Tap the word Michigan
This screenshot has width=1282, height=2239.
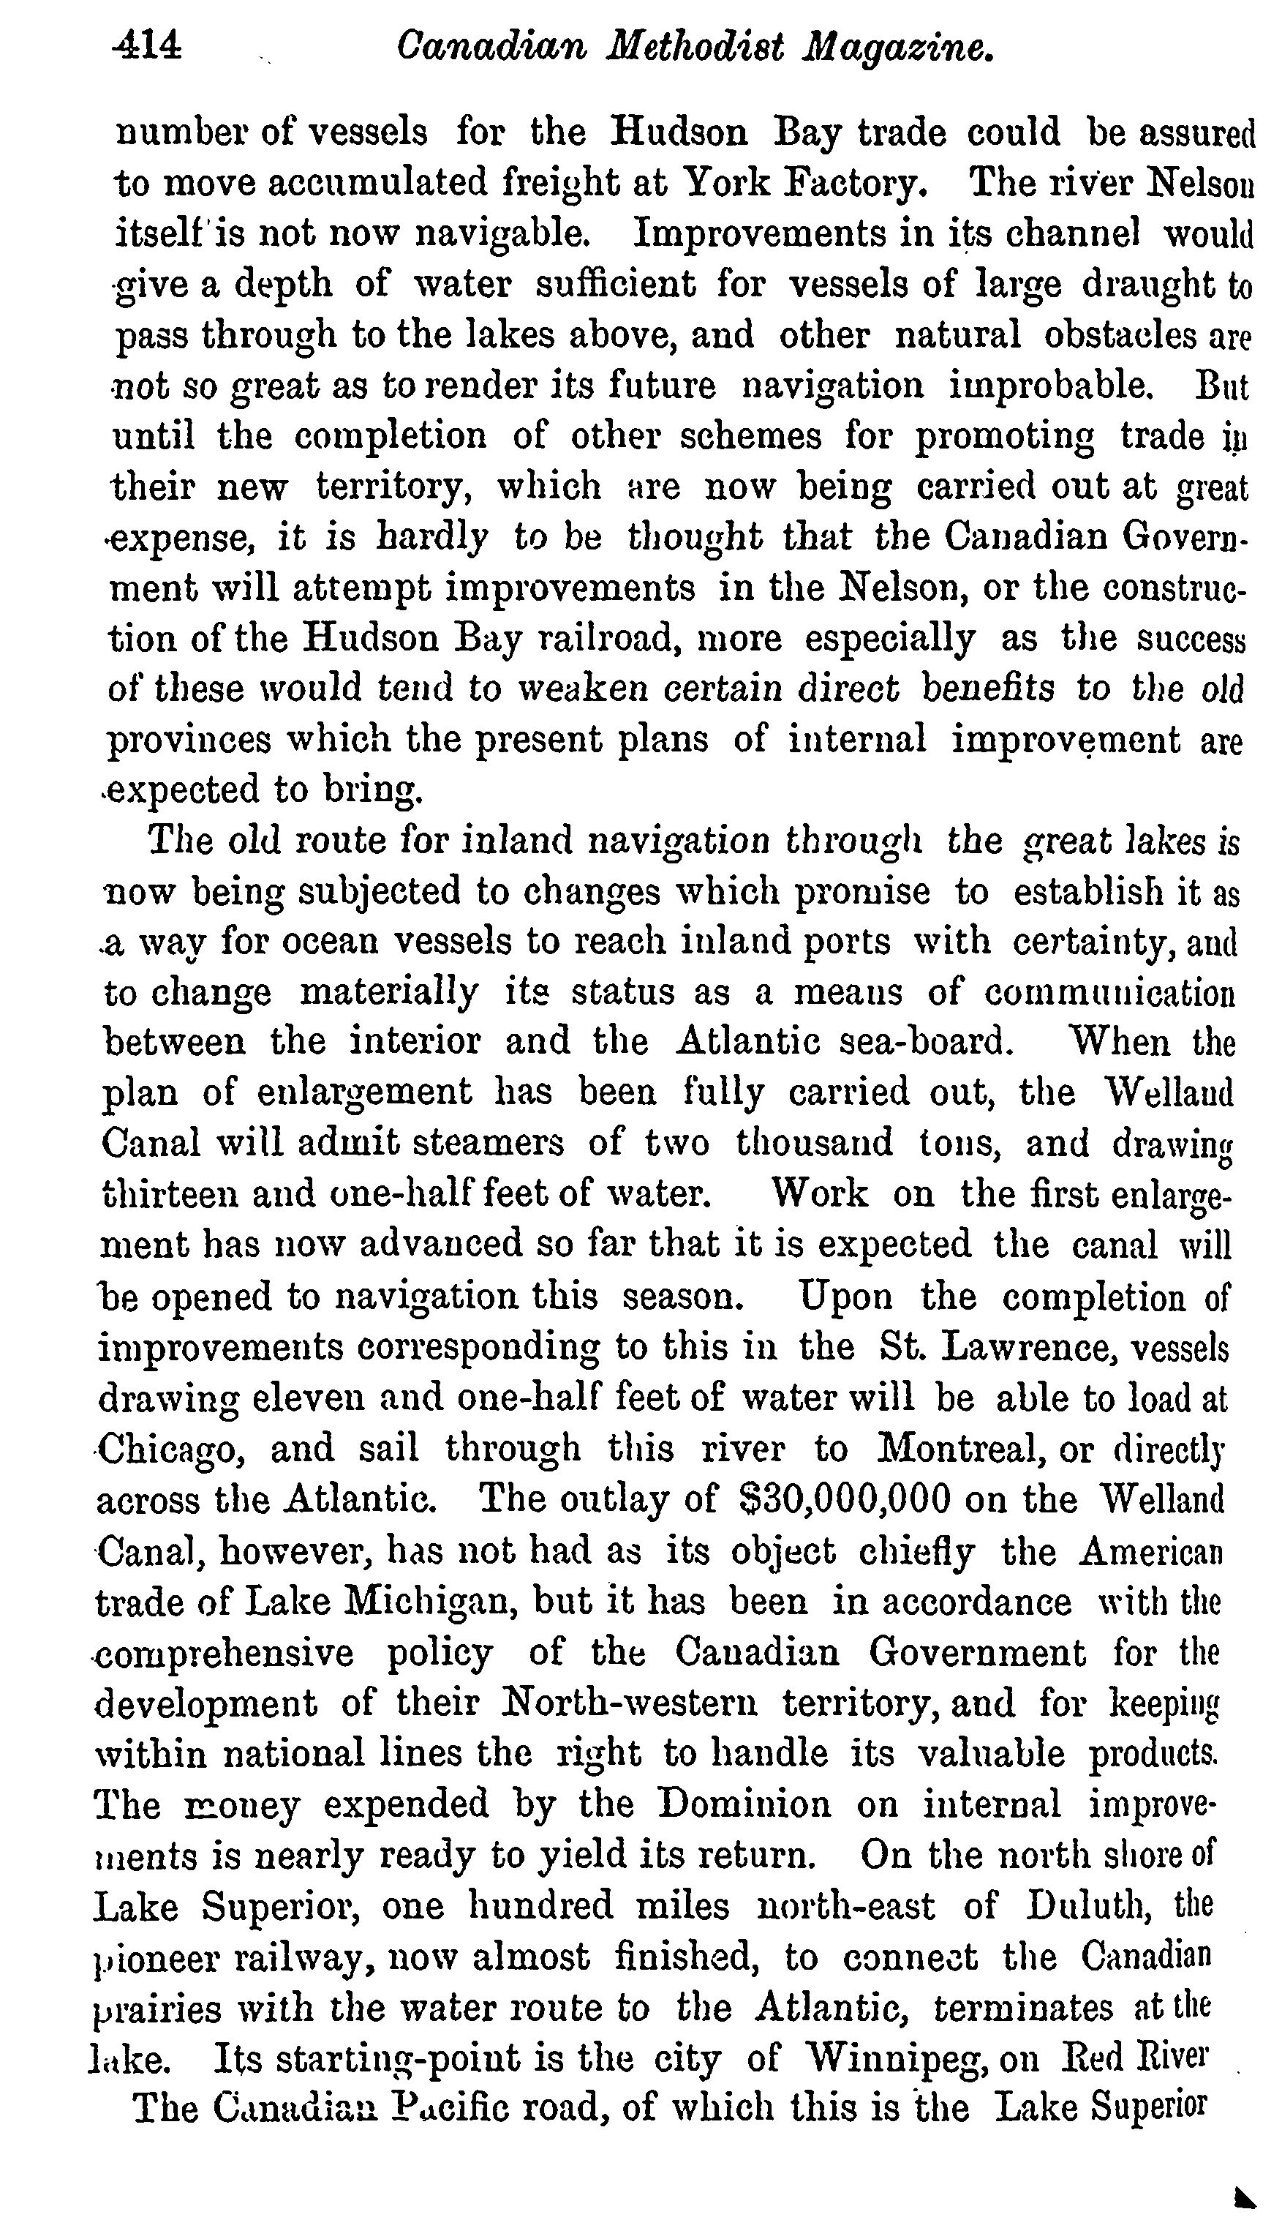coord(427,1601)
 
